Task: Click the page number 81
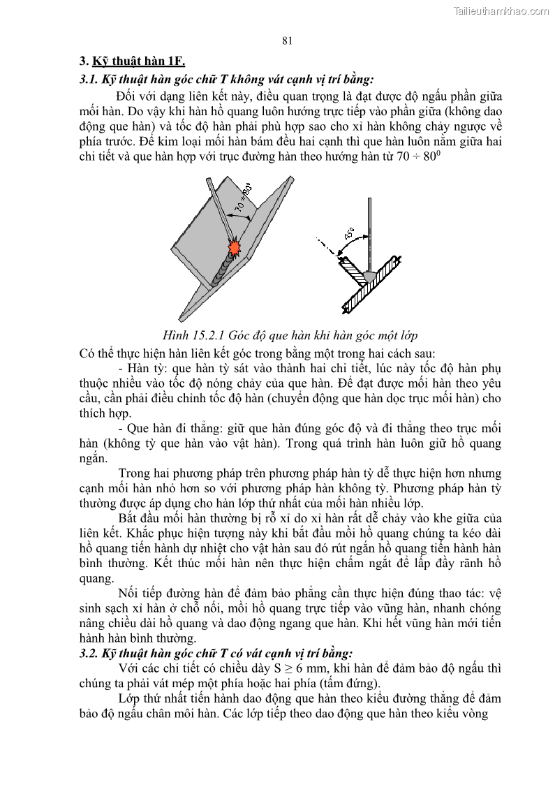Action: [x=287, y=41]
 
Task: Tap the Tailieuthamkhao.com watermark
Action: [x=501, y=10]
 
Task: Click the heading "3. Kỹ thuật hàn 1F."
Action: [x=132, y=61]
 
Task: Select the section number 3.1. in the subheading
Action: [x=89, y=79]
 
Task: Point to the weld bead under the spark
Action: [x=222, y=272]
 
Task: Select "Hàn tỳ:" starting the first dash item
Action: [x=149, y=369]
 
